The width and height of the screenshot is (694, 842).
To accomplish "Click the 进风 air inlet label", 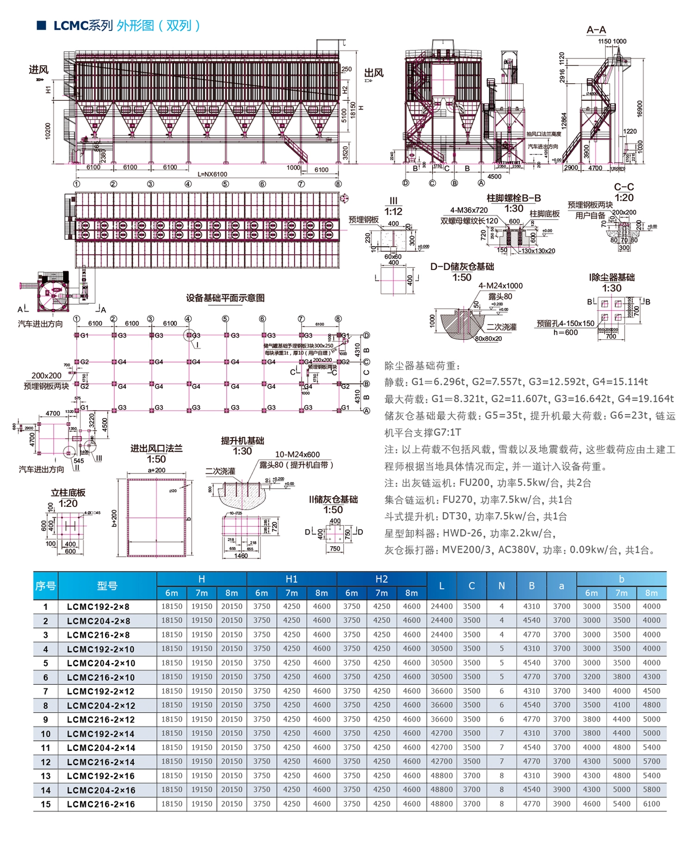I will tap(38, 70).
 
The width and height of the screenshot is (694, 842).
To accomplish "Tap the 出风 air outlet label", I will tap(373, 73).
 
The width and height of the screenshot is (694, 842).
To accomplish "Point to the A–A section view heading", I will tap(596, 30).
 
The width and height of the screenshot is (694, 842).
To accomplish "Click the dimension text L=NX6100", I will tap(212, 174).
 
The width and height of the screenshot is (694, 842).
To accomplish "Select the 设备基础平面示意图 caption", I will tap(225, 298).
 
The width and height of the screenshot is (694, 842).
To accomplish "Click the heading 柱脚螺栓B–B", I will tap(514, 198).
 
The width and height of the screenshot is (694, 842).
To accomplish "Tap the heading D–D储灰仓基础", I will tap(462, 267).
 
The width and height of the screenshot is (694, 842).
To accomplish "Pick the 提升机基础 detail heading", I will tap(242, 441).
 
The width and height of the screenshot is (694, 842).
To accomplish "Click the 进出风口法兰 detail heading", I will tap(156, 448).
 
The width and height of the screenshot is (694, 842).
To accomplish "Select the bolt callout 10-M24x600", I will tap(297, 455).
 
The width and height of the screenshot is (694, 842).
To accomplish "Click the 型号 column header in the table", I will tap(107, 586).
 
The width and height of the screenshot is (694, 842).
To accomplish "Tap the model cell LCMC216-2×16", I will tap(101, 804).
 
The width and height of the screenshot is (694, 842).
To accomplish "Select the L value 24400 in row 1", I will tap(441, 606).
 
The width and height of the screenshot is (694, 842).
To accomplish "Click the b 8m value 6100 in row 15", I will tap(651, 804).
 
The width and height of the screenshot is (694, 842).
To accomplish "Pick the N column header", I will tap(501, 586).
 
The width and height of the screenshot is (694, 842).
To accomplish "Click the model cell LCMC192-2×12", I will tap(101, 691).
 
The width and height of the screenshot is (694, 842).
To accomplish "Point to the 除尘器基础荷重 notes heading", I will tap(422, 366).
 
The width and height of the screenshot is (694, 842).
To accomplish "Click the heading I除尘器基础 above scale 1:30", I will tap(612, 277).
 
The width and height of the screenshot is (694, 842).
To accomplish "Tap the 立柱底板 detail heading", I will tap(68, 492).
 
